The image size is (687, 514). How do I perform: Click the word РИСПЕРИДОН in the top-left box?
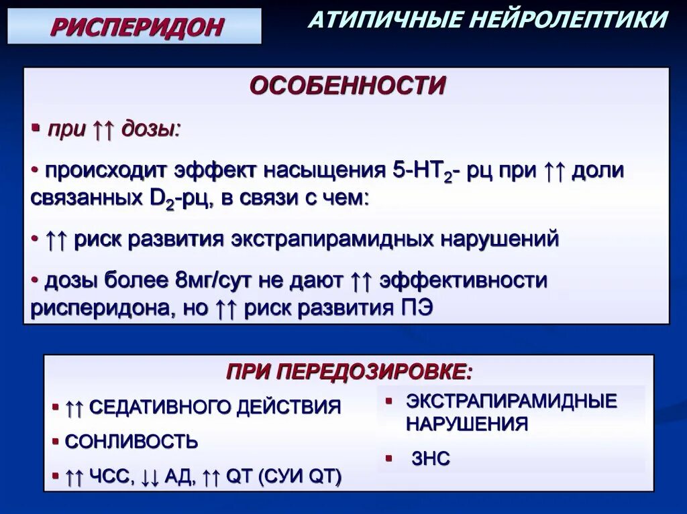click(137, 27)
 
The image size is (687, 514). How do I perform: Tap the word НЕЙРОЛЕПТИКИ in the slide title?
click(569, 19)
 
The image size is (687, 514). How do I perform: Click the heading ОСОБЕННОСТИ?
click(348, 86)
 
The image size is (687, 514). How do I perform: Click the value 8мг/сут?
click(211, 281)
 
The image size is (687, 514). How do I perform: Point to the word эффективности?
click(463, 281)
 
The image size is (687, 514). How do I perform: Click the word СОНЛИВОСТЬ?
click(131, 442)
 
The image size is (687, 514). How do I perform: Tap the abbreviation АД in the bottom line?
click(180, 477)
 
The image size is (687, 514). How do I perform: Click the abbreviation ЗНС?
click(431, 459)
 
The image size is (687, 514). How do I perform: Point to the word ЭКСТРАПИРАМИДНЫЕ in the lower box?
click(511, 401)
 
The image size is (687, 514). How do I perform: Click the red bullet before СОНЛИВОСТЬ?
click(56, 442)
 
